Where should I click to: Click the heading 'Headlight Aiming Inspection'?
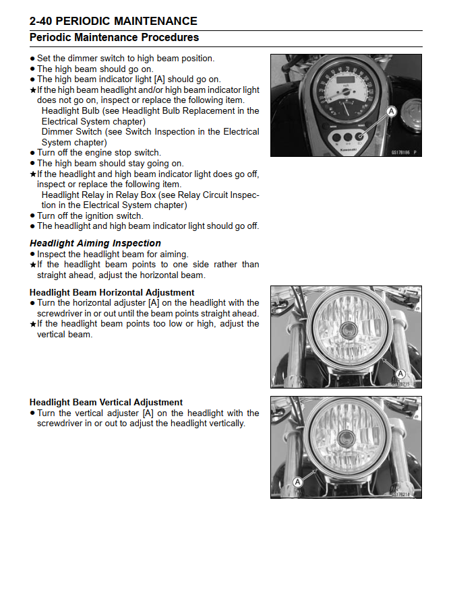click(95, 243)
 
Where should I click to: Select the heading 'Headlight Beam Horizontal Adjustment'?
click(112, 292)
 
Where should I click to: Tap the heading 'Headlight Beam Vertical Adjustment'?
click(106, 402)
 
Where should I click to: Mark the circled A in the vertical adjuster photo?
click(297, 481)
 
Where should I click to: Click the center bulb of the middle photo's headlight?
click(349, 330)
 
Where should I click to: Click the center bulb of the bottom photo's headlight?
click(347, 440)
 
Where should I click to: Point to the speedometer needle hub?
click(346, 101)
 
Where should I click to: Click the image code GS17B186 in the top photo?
click(400, 153)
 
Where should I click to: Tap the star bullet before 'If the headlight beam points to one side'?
click(32, 265)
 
